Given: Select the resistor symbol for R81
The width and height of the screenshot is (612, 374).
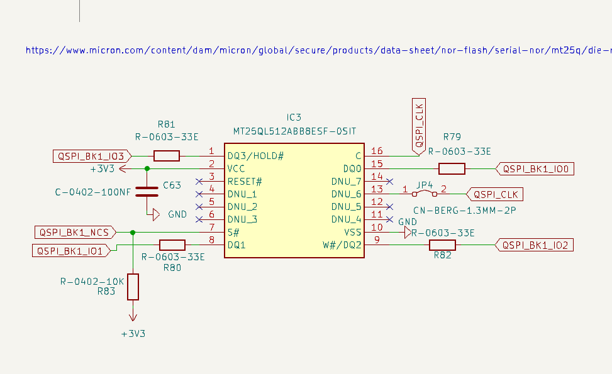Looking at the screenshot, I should (x=167, y=156).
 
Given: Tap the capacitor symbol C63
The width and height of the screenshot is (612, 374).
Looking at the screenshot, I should (x=147, y=192).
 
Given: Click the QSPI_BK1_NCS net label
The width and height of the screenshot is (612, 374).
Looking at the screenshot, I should (x=74, y=233).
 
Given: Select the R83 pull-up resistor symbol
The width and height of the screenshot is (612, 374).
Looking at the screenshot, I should (x=133, y=287).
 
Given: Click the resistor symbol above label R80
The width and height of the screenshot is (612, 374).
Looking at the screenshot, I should (x=172, y=245).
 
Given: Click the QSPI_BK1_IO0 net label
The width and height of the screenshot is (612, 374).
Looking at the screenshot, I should (x=535, y=168).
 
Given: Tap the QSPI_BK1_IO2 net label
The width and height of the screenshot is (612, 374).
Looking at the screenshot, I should (x=535, y=245).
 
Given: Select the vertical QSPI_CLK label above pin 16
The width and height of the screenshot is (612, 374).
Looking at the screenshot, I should (x=419, y=124).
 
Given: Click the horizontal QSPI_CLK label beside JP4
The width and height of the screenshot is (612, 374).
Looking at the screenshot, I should (x=495, y=194).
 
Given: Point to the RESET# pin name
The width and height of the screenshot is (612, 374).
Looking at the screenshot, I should (x=245, y=182).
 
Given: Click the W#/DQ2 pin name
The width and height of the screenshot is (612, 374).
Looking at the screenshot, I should (x=342, y=245).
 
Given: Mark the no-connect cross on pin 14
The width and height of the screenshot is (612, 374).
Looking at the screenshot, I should (x=390, y=182).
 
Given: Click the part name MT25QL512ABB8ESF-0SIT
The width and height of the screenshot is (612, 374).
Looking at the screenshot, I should (x=294, y=131).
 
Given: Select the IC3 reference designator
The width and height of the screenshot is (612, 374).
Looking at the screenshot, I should (x=294, y=118).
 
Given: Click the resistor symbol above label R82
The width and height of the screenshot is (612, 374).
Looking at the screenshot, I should (x=442, y=245).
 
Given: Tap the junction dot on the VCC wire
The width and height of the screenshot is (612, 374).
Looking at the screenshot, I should (x=147, y=168).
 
